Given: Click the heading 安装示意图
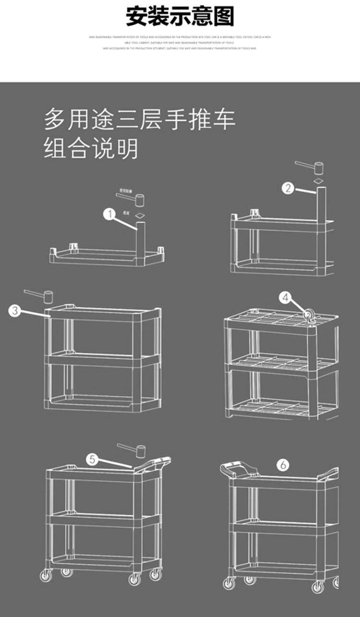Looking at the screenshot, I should pyautogui.click(x=180, y=17).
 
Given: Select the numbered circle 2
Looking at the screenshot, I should pyautogui.click(x=288, y=188).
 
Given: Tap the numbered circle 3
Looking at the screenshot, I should pyautogui.click(x=15, y=310).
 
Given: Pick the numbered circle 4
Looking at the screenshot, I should pyautogui.click(x=286, y=298).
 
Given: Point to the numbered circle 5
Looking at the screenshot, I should pyautogui.click(x=94, y=459).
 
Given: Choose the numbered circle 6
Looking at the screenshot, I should pyautogui.click(x=283, y=464).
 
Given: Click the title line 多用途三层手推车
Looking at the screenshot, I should pyautogui.click(x=140, y=119).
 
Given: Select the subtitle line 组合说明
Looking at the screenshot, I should pyautogui.click(x=91, y=148).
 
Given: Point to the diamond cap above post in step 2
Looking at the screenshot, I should pyautogui.click(x=317, y=181).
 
